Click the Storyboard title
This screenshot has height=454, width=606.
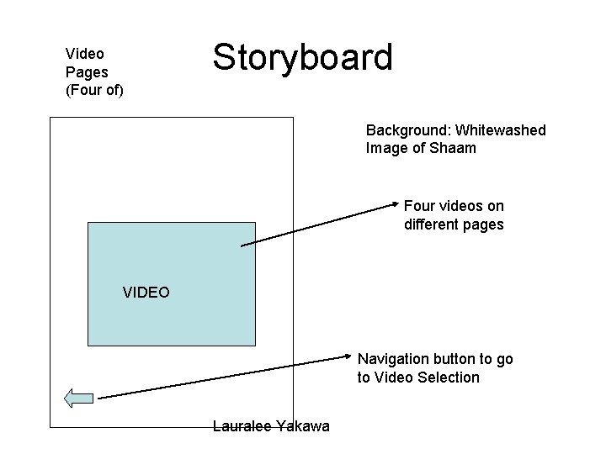pyautogui.click(x=302, y=57)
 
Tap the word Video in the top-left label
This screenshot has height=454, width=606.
pyautogui.click(x=85, y=54)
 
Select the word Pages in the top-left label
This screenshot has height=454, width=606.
pyautogui.click(x=88, y=71)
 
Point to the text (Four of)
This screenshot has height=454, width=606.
pyautogui.click(x=94, y=89)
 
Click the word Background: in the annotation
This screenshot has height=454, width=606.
pyautogui.click(x=406, y=130)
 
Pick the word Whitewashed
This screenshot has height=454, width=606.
pyautogui.click(x=497, y=130)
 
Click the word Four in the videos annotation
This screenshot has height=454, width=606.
pyautogui.click(x=420, y=206)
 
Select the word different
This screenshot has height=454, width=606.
pyautogui.click(x=434, y=224)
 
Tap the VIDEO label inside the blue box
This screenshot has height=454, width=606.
pyautogui.click(x=146, y=293)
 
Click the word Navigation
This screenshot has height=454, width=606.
pyautogui.click(x=393, y=359)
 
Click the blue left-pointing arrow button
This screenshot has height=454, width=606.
pyautogui.click(x=79, y=398)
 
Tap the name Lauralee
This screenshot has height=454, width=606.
pyautogui.click(x=242, y=427)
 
